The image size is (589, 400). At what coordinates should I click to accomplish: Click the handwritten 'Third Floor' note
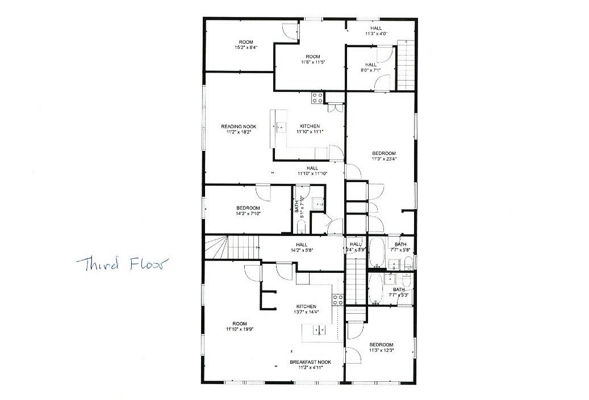[119, 264]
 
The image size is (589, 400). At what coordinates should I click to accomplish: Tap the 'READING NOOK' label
[239, 126]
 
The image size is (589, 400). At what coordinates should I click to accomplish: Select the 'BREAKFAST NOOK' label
[310, 362]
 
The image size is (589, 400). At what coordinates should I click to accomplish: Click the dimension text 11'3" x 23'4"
[384, 159]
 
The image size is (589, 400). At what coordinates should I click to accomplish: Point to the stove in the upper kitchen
[317, 98]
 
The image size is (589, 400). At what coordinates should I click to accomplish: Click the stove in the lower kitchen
[338, 300]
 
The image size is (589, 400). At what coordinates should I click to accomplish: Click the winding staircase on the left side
[228, 248]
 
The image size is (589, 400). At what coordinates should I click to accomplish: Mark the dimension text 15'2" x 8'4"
[246, 48]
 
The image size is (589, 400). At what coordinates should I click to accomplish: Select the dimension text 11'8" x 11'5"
[312, 62]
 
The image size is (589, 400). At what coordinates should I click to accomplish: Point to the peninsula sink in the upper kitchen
[281, 128]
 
